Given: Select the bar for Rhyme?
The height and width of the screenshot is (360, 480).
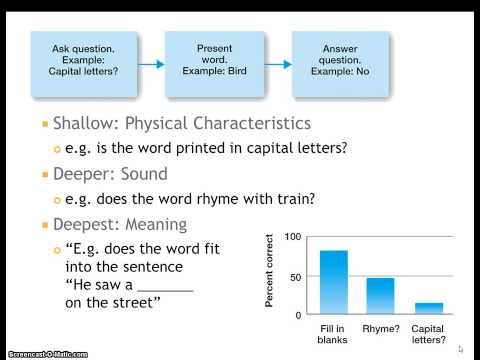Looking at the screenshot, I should pyautogui.click(x=380, y=296).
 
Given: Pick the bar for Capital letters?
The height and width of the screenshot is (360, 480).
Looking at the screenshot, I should pyautogui.click(x=428, y=308).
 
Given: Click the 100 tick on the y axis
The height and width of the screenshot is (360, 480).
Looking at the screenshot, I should pyautogui.click(x=292, y=237).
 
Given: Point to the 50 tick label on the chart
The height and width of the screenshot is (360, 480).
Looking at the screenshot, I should pyautogui.click(x=295, y=276).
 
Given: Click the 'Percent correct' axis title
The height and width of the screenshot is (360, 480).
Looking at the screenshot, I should pyautogui.click(x=270, y=275).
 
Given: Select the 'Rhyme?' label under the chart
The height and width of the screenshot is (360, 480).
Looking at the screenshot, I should pyautogui.click(x=381, y=328).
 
